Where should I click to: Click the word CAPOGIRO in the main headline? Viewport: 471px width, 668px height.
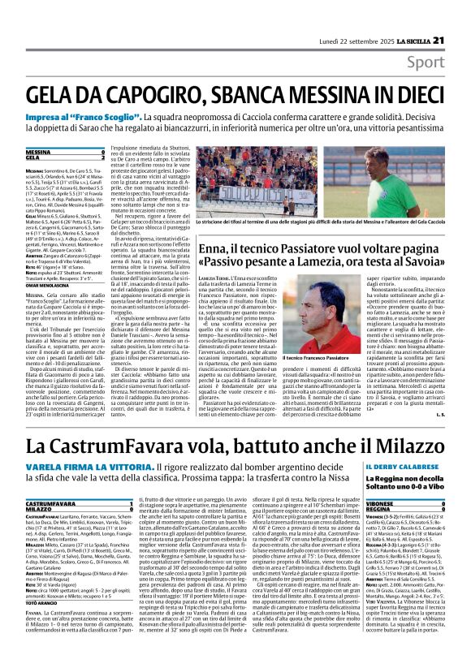[x=155, y=95]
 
